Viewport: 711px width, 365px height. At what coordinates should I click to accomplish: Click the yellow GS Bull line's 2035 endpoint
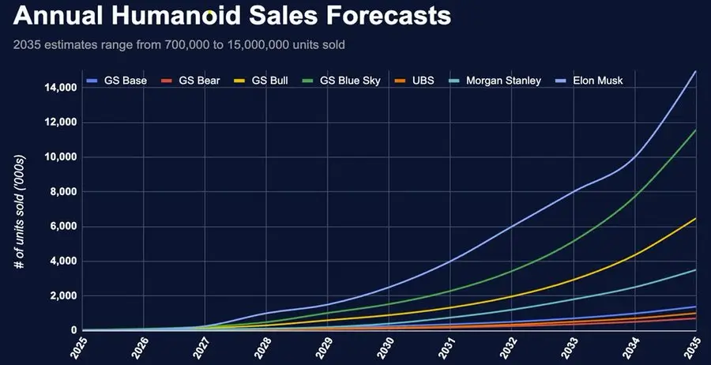[x=695, y=218]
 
